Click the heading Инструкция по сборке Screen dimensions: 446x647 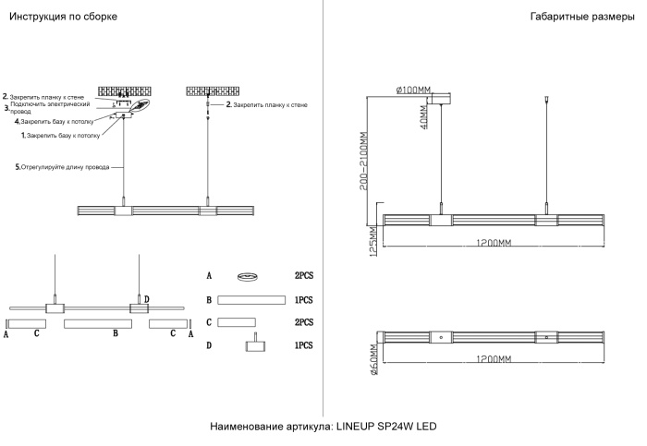pos(63,18)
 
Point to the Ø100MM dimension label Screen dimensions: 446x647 pos(413,90)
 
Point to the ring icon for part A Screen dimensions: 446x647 pos(247,275)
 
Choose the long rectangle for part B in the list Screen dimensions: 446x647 pos(250,299)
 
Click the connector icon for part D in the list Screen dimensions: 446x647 pos(252,344)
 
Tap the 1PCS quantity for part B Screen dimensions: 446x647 pos(304,300)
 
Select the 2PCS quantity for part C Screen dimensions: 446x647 pos(304,322)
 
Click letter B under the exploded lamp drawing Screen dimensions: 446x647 pos(116,333)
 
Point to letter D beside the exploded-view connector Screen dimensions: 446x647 pos(146,299)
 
